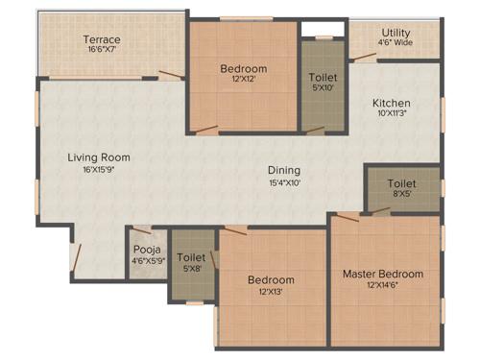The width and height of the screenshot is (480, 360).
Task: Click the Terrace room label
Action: [101, 39]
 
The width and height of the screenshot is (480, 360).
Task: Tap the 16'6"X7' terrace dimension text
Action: [101, 49]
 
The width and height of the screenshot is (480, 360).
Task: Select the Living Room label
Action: [99, 157]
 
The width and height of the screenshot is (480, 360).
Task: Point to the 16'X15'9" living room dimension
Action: [99, 169]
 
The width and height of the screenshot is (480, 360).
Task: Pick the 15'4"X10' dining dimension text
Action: [284, 182]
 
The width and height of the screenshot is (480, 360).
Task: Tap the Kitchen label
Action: [392, 103]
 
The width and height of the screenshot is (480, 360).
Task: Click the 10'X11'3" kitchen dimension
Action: [392, 113]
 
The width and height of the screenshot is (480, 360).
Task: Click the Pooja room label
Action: [147, 249]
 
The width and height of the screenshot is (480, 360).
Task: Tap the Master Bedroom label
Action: [382, 275]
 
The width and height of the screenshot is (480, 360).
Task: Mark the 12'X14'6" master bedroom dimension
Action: [382, 285]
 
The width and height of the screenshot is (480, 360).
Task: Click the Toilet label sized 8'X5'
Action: [401, 182]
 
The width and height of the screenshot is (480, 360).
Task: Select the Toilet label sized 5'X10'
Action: [323, 78]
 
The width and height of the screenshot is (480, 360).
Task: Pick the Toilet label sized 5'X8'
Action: [192, 258]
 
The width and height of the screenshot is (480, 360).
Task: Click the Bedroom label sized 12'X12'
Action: [244, 69]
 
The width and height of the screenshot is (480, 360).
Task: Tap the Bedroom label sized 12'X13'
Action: [271, 280]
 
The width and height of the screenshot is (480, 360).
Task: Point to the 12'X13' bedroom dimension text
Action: [271, 291]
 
